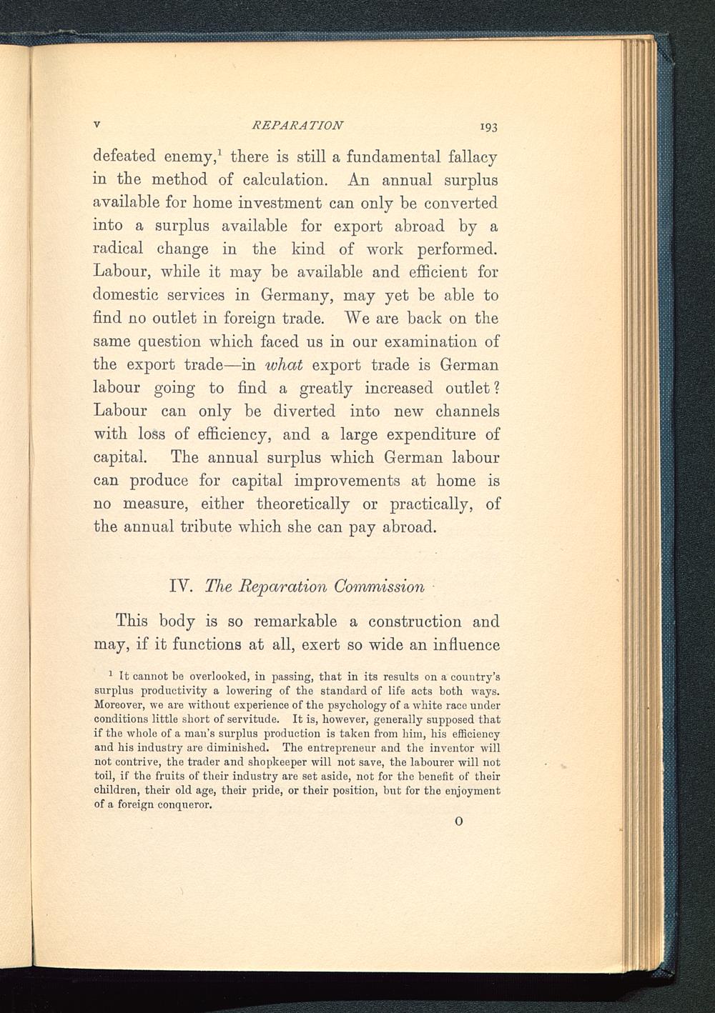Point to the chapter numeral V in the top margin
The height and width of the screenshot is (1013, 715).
[97, 124]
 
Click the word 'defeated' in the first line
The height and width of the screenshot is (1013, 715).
[123, 156]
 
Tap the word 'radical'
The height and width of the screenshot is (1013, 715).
[118, 249]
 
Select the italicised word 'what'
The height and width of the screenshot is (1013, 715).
[285, 365]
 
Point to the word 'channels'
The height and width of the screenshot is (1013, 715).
[468, 411]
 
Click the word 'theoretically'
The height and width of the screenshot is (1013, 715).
[303, 504]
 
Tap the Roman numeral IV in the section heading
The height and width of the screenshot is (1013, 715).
[177, 587]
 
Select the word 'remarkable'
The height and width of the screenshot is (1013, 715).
[289, 622]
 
